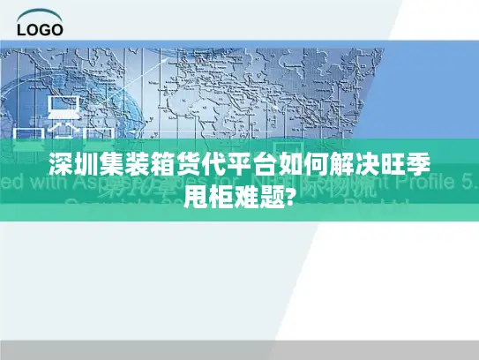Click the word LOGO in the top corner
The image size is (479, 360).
(x=41, y=28)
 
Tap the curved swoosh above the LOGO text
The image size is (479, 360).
(x=41, y=14)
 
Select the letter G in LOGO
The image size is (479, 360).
(x=44, y=28)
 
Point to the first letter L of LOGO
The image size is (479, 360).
(x=22, y=28)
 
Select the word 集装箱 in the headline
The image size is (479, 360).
(x=136, y=167)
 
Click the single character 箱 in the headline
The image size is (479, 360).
(x=159, y=167)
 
